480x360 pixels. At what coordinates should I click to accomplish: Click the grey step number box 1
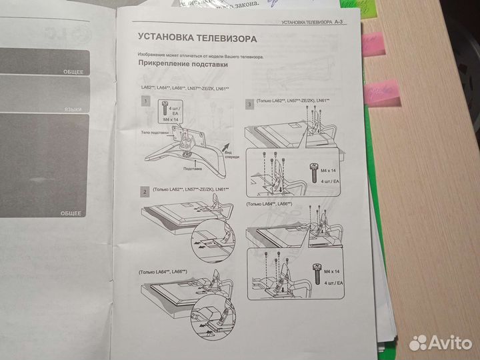click(x=145, y=101)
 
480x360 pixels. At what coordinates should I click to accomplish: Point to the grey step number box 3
click(x=249, y=105)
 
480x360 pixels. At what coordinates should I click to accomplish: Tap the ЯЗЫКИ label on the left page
click(x=73, y=109)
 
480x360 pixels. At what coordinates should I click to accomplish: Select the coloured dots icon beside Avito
click(x=418, y=343)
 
